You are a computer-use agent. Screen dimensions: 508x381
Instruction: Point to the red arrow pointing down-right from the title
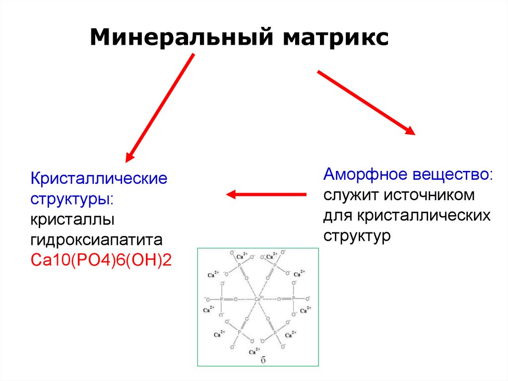pyautogui.click(x=366, y=103)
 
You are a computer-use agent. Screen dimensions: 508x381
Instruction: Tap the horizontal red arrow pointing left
pyautogui.click(x=266, y=195)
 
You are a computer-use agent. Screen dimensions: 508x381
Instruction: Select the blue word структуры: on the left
pyautogui.click(x=72, y=199)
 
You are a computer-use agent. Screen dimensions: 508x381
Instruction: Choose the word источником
pyautogui.click(x=429, y=195)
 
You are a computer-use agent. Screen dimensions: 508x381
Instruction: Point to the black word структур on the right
pyautogui.click(x=357, y=235)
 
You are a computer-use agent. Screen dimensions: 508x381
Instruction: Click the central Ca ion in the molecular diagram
pyautogui.click(x=257, y=299)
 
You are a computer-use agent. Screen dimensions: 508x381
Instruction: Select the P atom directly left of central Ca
pyautogui.click(x=221, y=299)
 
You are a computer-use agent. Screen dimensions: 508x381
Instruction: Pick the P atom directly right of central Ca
pyautogui.click(x=293, y=299)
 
